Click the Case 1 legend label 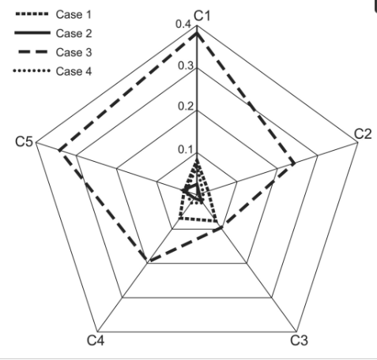click(x=74, y=14)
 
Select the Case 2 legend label click(x=74, y=33)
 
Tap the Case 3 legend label click(x=74, y=52)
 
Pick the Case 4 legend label click(x=74, y=71)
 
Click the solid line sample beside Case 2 click(x=32, y=33)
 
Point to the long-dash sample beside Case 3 click(x=33, y=52)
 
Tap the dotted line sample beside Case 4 click(x=32, y=70)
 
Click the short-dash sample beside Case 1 click(x=32, y=14)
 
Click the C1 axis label click(x=202, y=16)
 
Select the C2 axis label click(x=363, y=134)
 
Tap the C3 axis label click(x=299, y=340)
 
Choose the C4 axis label click(x=96, y=340)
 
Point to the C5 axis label click(x=24, y=141)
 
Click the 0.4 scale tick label click(x=183, y=24)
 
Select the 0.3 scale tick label click(x=186, y=66)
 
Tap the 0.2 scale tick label click(x=186, y=107)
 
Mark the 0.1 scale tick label click(x=186, y=149)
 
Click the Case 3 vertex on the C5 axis click(x=59, y=151)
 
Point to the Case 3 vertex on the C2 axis click(x=294, y=164)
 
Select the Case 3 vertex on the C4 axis click(x=149, y=261)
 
